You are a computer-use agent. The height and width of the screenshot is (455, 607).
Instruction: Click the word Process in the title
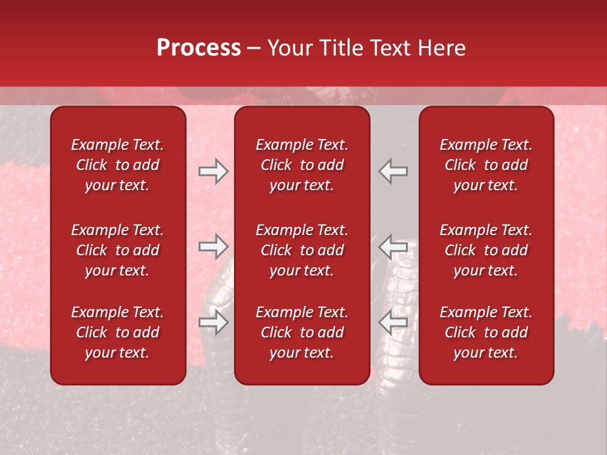point(199,48)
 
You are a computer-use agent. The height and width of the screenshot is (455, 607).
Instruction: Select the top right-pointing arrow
point(213,171)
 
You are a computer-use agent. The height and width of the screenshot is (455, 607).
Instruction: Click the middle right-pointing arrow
point(213,246)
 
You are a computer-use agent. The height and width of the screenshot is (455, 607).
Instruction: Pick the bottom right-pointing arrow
point(213,322)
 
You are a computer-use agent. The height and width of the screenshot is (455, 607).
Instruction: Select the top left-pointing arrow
point(393,171)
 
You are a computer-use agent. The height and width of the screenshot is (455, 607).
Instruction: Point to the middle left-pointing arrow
point(393,246)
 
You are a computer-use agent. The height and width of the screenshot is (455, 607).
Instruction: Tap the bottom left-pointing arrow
point(393,322)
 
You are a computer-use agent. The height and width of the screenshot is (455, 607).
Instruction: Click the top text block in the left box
point(118,165)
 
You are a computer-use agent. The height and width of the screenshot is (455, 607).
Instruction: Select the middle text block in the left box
point(118,250)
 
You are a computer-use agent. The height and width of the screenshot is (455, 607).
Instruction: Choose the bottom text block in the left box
point(118,332)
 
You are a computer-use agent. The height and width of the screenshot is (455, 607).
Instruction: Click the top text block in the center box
point(302,165)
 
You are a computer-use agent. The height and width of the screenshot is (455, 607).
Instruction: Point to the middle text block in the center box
point(302,250)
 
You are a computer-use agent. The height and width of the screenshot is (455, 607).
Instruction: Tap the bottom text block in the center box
point(302,332)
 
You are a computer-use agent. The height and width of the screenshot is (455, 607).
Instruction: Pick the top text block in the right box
point(486,165)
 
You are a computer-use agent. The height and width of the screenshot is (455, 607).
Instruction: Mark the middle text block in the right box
point(486,250)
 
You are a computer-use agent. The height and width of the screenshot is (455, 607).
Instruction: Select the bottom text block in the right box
point(486,332)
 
